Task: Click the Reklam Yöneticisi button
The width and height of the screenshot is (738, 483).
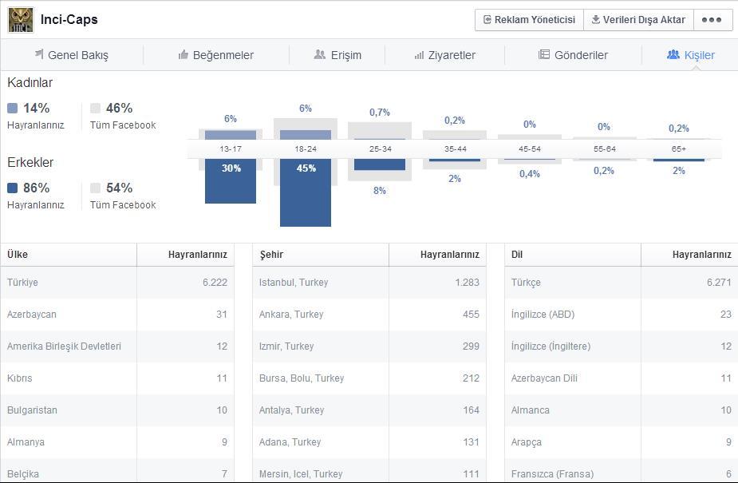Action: [x=529, y=20]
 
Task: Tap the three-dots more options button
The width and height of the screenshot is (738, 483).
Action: [x=712, y=20]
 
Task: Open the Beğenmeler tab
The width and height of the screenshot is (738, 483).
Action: [x=216, y=55]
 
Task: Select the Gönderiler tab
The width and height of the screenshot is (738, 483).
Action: [x=574, y=55]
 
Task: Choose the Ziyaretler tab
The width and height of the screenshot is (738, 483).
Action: [x=444, y=55]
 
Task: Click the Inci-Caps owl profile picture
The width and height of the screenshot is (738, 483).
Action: [x=21, y=20]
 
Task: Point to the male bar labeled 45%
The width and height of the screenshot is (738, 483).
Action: [x=306, y=192]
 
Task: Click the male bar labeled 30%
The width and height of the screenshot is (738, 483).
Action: [x=231, y=181]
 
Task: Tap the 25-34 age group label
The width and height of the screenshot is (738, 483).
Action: [x=381, y=148]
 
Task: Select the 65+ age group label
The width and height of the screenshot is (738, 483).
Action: [x=679, y=148]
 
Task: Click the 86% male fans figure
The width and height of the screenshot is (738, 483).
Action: [x=36, y=188]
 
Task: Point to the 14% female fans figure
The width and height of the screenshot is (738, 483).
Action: [x=36, y=109]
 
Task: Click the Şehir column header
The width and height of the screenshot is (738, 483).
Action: [x=271, y=255]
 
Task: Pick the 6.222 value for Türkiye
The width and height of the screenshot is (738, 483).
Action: [x=215, y=283]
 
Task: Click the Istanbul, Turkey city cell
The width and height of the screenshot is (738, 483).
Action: [x=294, y=283]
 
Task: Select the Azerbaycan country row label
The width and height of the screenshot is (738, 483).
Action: [x=32, y=315]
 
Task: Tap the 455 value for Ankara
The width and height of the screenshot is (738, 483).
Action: [x=472, y=315]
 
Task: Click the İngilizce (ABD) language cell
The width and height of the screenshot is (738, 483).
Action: [x=543, y=315]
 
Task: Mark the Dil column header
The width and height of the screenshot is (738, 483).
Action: [x=517, y=255]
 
